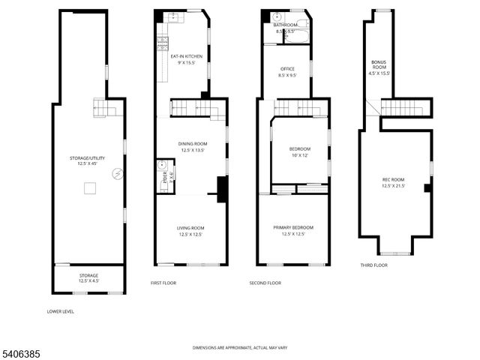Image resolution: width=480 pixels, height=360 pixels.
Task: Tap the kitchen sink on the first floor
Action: pos(171,16)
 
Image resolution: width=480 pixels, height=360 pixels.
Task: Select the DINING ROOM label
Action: pos(192,144)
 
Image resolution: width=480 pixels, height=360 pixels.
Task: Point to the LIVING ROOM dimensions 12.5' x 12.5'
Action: pos(190,235)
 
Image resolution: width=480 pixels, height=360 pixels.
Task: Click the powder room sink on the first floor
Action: pos(161,166)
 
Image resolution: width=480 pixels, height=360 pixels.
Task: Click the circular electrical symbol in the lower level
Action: pos(116,174)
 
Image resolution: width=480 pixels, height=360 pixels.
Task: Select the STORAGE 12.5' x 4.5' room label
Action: pos(88,278)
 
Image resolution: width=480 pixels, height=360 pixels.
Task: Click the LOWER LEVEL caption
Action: pos(60,311)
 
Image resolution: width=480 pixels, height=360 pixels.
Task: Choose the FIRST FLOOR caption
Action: pos(164,283)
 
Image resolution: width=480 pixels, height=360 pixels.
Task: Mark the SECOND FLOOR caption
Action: pos(265,283)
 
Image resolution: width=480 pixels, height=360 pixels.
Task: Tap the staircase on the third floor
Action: pos(405,109)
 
